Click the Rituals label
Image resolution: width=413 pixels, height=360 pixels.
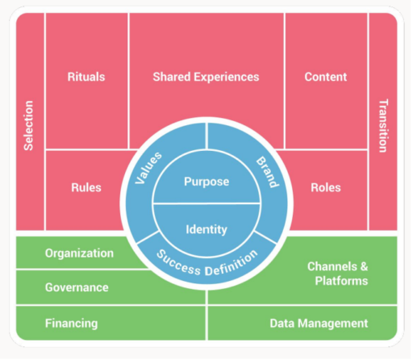tap(86, 77)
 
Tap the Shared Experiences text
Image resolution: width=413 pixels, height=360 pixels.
tap(206, 77)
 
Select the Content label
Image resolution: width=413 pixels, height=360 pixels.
tap(326, 77)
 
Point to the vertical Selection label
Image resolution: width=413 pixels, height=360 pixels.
tap(28, 125)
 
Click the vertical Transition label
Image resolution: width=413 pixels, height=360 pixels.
tap(383, 126)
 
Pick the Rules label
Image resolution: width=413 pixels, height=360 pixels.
tap(86, 187)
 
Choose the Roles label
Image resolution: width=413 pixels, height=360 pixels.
tap(326, 187)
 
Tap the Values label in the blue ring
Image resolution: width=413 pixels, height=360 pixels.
tap(148, 168)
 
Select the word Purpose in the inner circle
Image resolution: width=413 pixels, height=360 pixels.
tap(206, 182)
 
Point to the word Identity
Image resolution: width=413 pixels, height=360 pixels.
tap(206, 229)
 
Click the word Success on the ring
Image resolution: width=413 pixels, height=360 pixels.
tap(179, 263)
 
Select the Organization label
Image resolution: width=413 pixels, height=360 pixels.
tap(79, 253)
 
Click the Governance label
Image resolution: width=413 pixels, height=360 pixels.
tap(77, 287)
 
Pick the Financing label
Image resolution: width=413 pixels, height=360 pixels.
tap(71, 324)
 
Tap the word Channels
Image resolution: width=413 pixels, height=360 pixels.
tap(332, 266)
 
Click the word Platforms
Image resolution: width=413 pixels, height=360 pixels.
tap(341, 281)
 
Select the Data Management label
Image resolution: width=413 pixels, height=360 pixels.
tap(319, 324)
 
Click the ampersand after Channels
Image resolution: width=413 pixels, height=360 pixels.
tap(364, 266)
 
